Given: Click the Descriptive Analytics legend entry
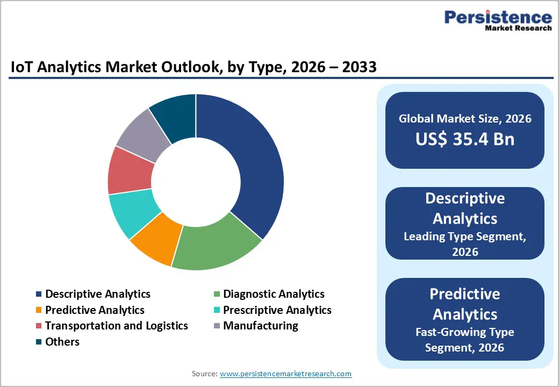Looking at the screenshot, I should (97, 294).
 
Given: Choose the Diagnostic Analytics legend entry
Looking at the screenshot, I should (274, 294).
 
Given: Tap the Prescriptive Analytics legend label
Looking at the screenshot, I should (277, 310).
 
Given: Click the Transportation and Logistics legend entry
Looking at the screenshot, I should (116, 326).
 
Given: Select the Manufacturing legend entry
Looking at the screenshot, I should (260, 326).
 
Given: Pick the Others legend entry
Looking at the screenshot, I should (62, 342).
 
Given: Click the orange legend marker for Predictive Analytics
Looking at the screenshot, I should (38, 310).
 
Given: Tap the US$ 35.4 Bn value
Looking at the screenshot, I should (465, 139).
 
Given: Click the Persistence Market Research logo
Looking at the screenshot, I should (497, 21).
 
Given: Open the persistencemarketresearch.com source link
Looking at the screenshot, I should (285, 374).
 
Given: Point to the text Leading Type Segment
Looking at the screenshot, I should (465, 236).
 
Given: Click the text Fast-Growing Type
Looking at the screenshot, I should (465, 332).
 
